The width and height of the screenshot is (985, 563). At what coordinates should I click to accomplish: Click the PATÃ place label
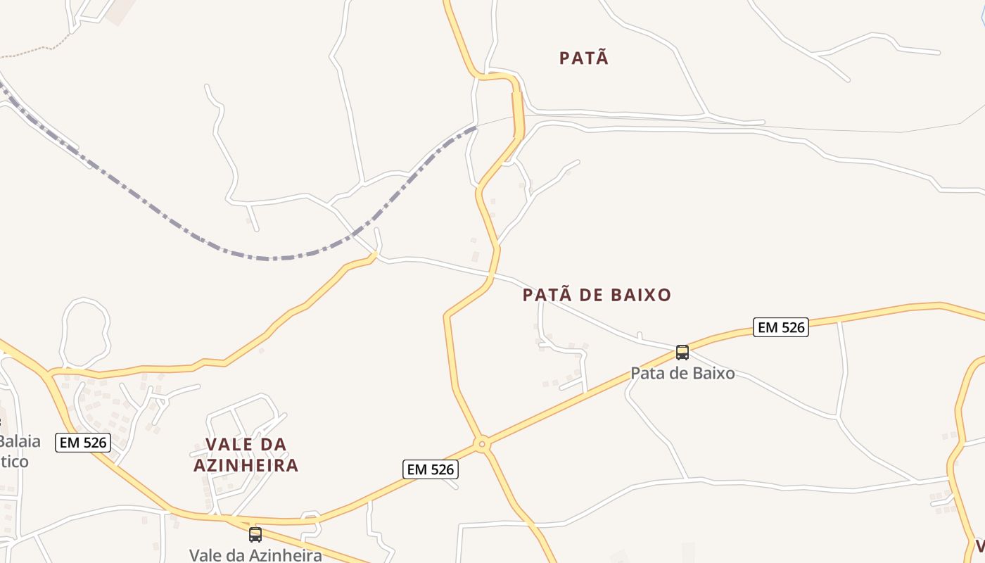pos(584,58)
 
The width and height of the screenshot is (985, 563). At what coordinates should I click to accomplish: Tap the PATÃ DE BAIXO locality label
pos(597,295)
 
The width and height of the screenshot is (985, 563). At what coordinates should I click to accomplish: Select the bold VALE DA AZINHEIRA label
pos(246,455)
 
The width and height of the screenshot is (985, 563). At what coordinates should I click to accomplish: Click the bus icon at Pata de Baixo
pos(682,353)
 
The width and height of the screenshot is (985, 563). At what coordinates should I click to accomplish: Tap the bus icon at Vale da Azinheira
pos(255,534)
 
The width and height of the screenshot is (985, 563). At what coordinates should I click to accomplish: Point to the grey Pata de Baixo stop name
pos(682,373)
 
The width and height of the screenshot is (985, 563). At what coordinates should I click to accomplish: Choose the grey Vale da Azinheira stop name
pos(255,555)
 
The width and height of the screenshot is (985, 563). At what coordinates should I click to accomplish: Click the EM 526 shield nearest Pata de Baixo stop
pos(780,327)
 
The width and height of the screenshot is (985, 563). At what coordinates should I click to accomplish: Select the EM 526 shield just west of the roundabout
pos(431,469)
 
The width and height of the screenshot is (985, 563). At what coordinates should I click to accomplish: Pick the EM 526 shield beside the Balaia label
pos(83,442)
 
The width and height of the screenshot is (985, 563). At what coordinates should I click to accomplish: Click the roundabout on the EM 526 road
pos(482,444)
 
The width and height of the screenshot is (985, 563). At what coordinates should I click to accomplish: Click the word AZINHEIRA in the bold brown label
pos(246,465)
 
